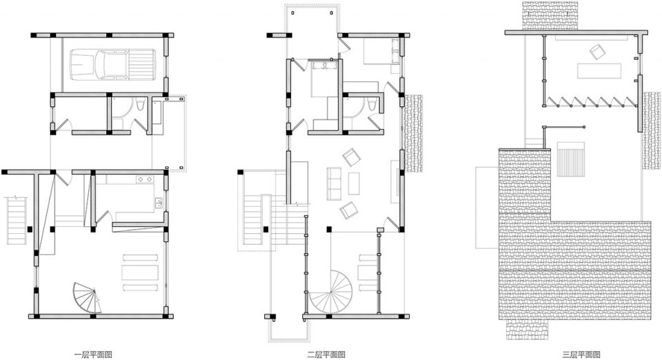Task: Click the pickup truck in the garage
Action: (112, 65)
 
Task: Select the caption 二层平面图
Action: (326, 354)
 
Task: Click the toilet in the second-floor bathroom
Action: (372, 105)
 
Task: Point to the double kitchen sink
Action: (159, 203)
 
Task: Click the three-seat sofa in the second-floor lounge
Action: (334, 183)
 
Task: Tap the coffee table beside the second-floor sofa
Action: (354, 183)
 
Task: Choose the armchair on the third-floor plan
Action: (598, 52)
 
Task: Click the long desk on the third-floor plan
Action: (599, 70)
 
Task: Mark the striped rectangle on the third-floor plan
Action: (571, 159)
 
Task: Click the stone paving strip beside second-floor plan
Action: (414, 133)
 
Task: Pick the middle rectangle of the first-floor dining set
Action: (140, 272)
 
